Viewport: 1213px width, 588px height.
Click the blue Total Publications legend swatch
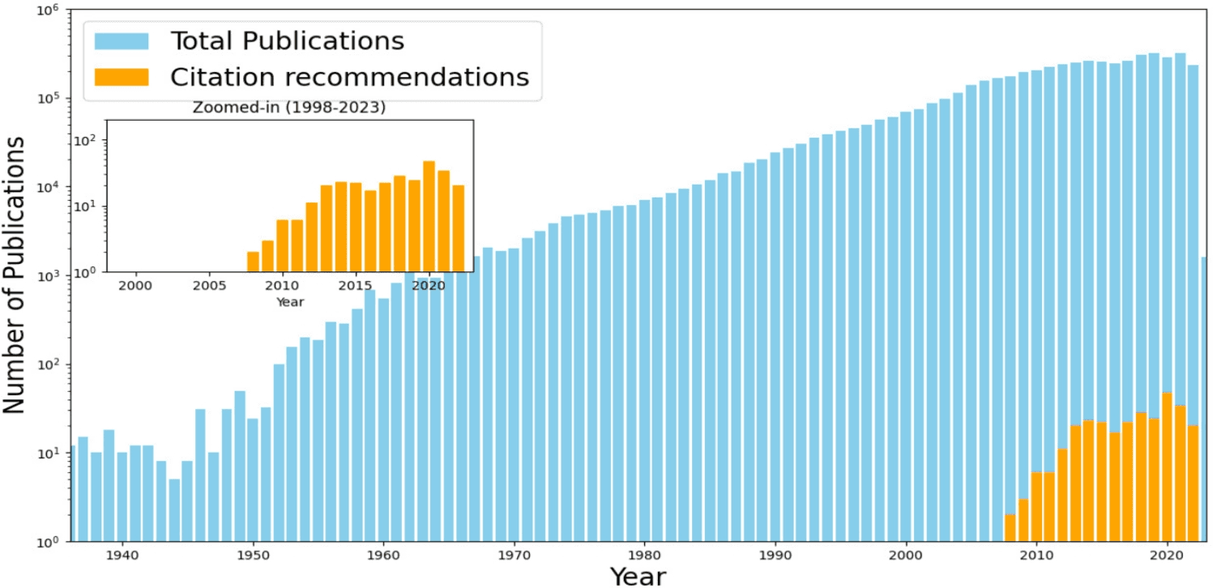click(122, 40)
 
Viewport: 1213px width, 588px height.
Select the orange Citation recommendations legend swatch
click(122, 77)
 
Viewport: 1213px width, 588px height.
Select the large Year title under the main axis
click(638, 576)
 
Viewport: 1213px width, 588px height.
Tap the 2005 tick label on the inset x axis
click(208, 286)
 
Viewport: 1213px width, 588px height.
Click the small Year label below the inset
click(290, 302)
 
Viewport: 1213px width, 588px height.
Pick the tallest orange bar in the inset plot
click(429, 216)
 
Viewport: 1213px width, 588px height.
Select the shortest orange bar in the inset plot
click(253, 262)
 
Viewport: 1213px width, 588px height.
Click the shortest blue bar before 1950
click(174, 510)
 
